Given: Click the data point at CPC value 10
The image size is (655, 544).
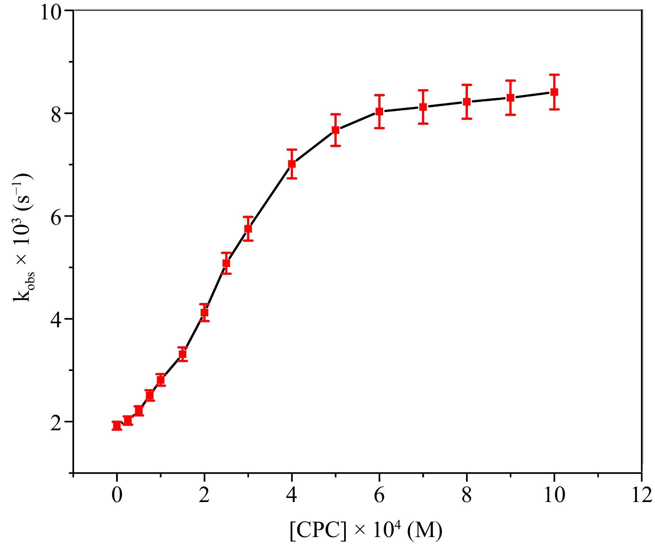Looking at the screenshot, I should coord(554,92).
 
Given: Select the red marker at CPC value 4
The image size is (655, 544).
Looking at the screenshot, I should coord(292,164).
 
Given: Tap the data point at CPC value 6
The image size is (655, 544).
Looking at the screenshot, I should coord(379,112).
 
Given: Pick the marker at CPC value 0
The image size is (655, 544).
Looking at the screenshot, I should coord(117,426).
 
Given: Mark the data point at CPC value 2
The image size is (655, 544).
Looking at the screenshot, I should coord(204,313).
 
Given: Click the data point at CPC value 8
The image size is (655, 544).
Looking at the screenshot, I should coord(467,102).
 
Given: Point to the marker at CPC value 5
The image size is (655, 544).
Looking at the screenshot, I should coord(335,130).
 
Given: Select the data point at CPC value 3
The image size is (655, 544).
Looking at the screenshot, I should coord(248,229).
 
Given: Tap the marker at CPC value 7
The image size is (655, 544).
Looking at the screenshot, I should coord(423,107).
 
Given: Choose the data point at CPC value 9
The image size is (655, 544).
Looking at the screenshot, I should coord(510,97).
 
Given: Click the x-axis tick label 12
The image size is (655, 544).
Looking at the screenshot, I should coord(642,495).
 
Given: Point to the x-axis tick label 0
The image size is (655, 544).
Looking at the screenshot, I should coord(117,495).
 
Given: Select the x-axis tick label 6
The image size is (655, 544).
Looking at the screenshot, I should coord(379,495).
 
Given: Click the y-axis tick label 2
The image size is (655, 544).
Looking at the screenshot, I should coord(56,423).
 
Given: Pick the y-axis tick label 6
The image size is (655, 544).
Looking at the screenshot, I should coord(56,218).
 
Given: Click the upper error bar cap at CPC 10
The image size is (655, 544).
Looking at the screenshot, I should coord(554,75).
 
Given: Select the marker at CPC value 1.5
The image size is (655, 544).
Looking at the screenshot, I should coord(183,354).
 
